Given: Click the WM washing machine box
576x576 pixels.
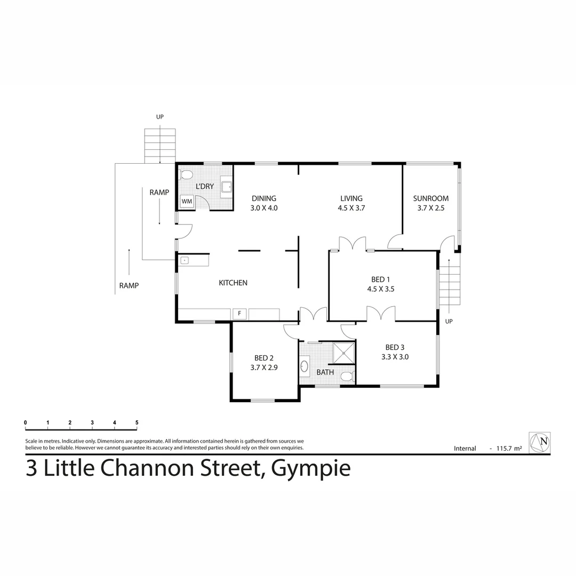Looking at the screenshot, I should pyautogui.click(x=186, y=201).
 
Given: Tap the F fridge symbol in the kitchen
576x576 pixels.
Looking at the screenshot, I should pyautogui.click(x=239, y=314).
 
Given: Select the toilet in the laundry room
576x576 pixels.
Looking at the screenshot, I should pyautogui.click(x=187, y=174).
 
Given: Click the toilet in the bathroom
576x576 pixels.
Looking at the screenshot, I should pyautogui.click(x=347, y=376).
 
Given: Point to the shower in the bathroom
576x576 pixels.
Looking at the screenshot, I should pyautogui.click(x=344, y=353).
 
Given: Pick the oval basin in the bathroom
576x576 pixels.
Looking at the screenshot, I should pyautogui.click(x=305, y=366).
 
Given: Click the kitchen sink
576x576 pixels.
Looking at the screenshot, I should pyautogui.click(x=185, y=261).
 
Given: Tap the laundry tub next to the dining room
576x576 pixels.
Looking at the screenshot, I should pyautogui.click(x=227, y=186).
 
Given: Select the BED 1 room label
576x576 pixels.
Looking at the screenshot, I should pyautogui.click(x=381, y=279).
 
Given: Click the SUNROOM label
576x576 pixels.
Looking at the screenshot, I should pyautogui.click(x=431, y=198).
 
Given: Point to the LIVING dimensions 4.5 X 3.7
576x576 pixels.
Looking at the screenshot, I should pyautogui.click(x=351, y=209).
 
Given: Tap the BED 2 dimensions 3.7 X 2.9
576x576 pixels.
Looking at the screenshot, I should pyautogui.click(x=264, y=367).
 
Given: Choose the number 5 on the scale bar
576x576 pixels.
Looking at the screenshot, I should pyautogui.click(x=137, y=422).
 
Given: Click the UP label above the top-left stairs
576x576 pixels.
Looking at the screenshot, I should pyautogui.click(x=159, y=116).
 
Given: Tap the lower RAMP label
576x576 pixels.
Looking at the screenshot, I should pyautogui.click(x=129, y=285).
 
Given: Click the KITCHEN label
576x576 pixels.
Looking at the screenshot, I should pyautogui.click(x=233, y=283).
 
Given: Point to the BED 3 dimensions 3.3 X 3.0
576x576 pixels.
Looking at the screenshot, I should pyautogui.click(x=395, y=357).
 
